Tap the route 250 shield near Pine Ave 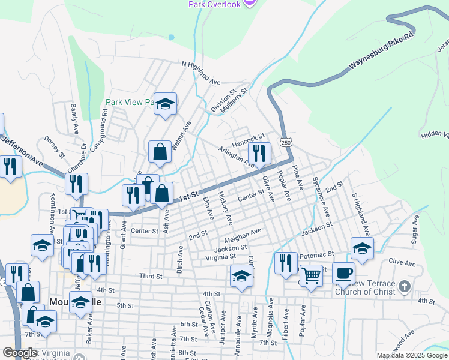[286, 140]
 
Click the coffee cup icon [343, 273]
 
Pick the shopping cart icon [311, 275]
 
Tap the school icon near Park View [165, 104]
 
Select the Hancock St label [249, 142]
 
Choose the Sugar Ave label [414, 230]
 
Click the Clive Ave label [402, 262]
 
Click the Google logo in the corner [20, 353]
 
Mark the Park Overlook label [214, 4]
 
